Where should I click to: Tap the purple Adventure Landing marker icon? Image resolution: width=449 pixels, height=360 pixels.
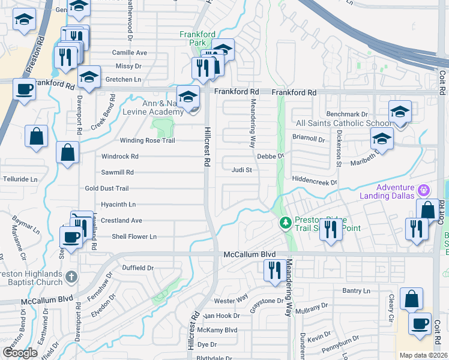(424, 190)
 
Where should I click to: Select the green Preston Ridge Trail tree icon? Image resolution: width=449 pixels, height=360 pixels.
(286, 223)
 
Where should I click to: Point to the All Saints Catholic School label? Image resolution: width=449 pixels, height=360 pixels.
(344, 123)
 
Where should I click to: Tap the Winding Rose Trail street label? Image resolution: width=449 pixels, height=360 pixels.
(139, 140)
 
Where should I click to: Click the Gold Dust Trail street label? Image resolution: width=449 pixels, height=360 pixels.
(106, 188)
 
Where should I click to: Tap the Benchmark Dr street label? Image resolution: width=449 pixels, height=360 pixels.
(346, 114)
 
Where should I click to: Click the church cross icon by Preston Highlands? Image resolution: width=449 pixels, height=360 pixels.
(71, 277)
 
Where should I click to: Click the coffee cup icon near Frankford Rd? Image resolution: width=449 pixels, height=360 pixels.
(24, 89)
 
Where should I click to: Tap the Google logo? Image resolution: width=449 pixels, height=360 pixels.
(20, 352)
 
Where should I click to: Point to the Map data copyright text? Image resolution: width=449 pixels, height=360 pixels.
(424, 355)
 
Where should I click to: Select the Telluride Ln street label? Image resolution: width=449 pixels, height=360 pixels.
(20, 179)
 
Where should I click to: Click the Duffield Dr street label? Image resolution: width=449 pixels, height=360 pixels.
(137, 268)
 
